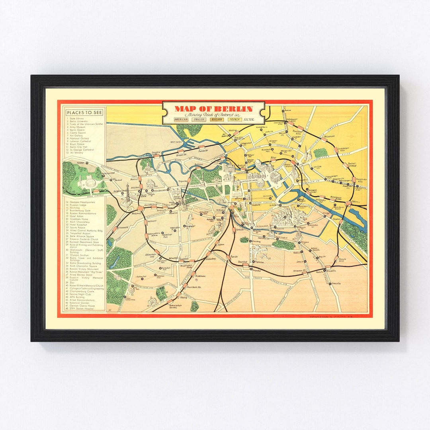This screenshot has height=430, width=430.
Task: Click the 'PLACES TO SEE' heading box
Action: [84, 112]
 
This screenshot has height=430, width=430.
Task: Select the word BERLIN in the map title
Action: [235, 109]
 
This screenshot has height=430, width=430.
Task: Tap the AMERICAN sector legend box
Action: [182, 119]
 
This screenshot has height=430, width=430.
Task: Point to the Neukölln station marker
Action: [324, 270]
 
